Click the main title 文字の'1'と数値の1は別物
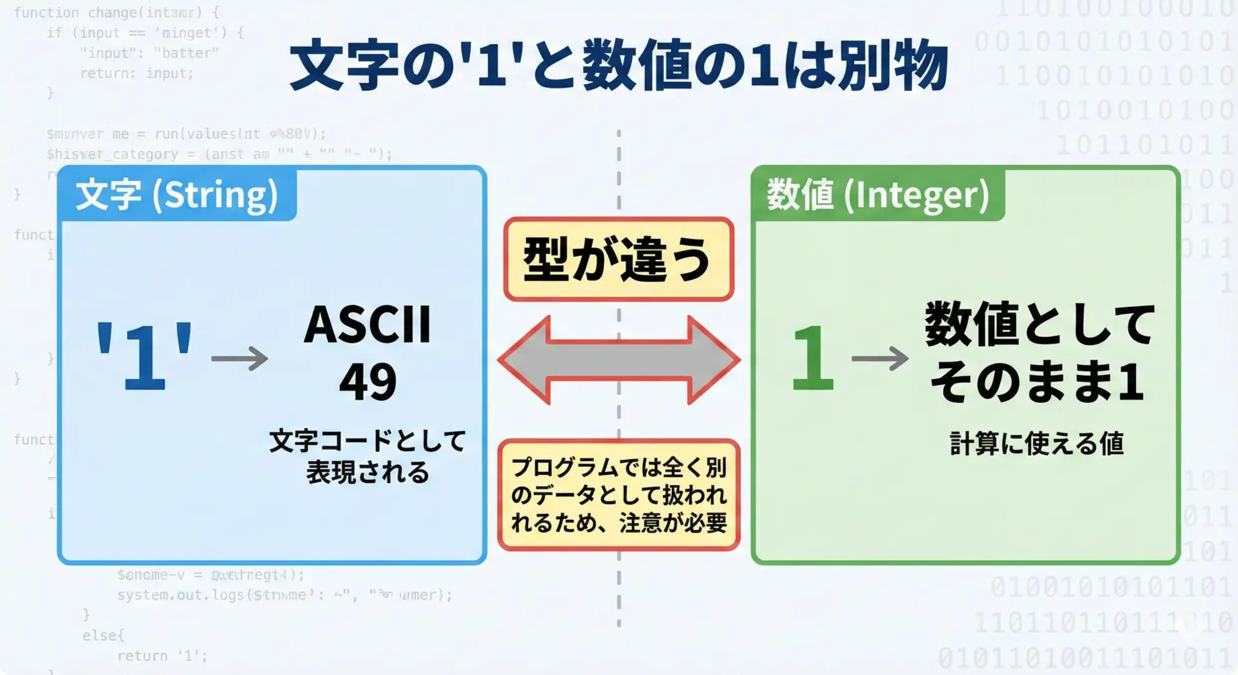(x=619, y=66)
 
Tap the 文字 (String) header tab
(x=177, y=195)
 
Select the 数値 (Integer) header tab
(x=878, y=195)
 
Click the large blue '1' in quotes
(x=144, y=356)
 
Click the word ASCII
(x=368, y=324)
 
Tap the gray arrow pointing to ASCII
(x=240, y=358)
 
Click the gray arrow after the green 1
(x=879, y=358)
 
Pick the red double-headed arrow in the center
(x=619, y=360)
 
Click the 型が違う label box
(x=619, y=259)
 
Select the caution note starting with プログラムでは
(x=619, y=495)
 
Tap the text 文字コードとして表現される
(x=368, y=456)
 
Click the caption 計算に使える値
(x=1037, y=444)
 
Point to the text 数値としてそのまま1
(x=1038, y=353)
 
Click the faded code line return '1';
(x=162, y=656)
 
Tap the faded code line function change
(x=117, y=12)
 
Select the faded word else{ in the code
(x=103, y=635)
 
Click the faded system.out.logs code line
(x=284, y=594)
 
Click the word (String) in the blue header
(x=215, y=195)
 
